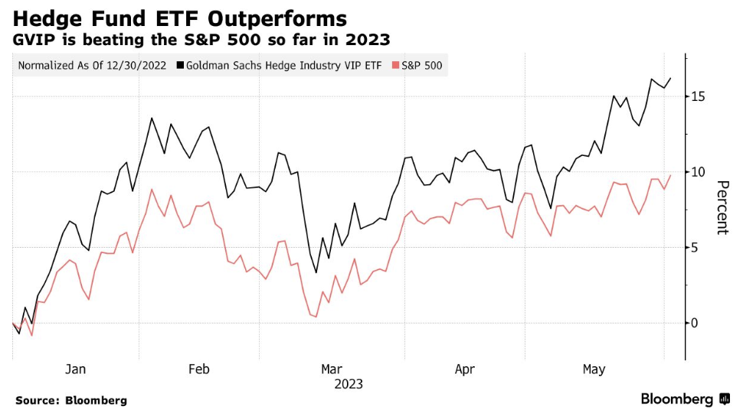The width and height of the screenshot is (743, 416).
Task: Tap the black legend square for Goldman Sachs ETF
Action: pyautogui.click(x=179, y=66)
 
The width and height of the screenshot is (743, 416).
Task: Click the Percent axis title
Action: pyautogui.click(x=722, y=208)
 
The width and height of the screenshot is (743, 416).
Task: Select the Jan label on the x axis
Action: pyautogui.click(x=75, y=370)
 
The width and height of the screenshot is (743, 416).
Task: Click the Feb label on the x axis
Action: pyautogui.click(x=198, y=370)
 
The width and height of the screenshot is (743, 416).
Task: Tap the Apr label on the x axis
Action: pyautogui.click(x=464, y=370)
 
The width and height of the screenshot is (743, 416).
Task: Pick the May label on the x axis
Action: pyautogui.click(x=594, y=370)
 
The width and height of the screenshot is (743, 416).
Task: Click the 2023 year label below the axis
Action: pyautogui.click(x=349, y=384)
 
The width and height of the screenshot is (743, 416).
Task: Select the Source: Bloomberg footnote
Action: pyautogui.click(x=70, y=400)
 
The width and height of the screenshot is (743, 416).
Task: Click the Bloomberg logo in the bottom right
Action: pyautogui.click(x=684, y=399)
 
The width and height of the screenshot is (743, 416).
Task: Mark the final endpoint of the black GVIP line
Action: pyautogui.click(x=671, y=78)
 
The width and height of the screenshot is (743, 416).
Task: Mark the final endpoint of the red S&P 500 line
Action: pyautogui.click(x=671, y=175)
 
